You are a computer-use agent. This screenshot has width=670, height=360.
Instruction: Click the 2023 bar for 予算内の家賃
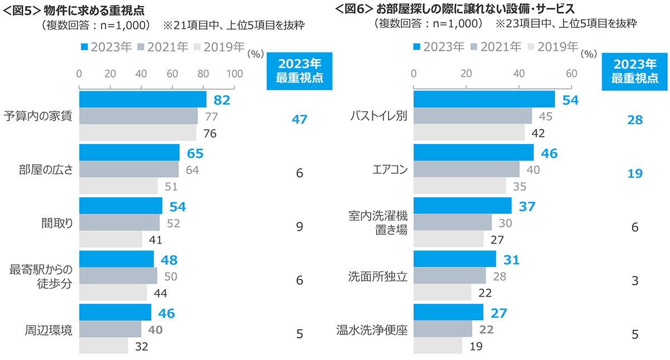[143, 99]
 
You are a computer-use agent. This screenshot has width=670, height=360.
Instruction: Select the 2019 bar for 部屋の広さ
[118, 186]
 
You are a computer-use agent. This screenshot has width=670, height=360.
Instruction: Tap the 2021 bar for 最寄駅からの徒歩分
[118, 276]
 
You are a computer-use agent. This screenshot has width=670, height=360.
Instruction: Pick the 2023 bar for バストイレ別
[484, 99]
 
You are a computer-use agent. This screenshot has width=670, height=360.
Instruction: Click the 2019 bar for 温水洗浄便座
[438, 346]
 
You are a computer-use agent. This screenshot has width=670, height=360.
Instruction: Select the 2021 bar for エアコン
[466, 169]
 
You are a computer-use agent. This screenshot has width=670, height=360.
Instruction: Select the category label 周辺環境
[49, 330]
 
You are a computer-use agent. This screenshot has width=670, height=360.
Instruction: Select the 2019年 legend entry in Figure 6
[553, 47]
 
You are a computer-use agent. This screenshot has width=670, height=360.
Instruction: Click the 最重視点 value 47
[299, 119]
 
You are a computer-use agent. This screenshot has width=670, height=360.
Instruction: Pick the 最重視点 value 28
[635, 120]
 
